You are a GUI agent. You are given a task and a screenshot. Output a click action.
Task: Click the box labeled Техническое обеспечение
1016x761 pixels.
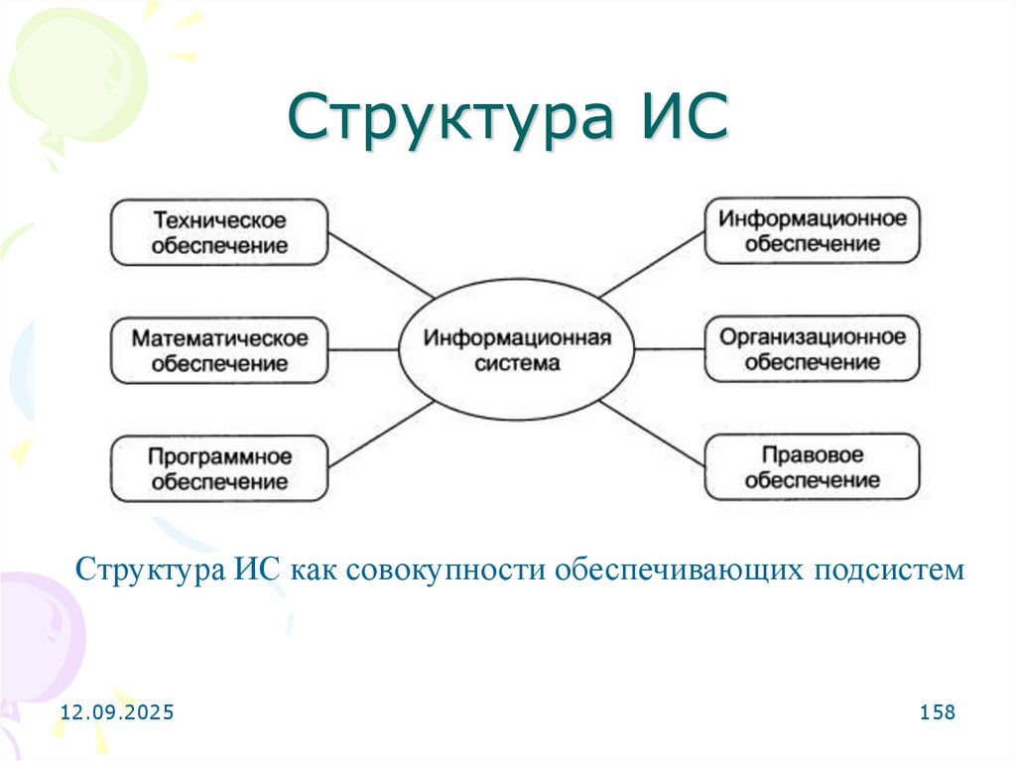point(218,231)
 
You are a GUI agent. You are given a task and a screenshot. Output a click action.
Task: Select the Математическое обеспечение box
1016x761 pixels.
point(218,350)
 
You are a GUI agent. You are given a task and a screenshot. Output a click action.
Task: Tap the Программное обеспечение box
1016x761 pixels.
point(218,469)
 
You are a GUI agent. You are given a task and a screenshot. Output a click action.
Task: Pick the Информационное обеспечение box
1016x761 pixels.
point(812,230)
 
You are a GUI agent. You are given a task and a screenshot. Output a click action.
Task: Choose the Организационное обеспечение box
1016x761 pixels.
point(812,349)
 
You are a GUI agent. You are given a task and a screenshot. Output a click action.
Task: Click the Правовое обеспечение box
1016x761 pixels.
point(812,467)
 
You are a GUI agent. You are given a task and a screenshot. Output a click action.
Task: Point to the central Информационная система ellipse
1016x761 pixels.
point(517,350)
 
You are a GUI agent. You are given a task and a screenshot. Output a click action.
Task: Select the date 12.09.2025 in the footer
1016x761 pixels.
point(117,712)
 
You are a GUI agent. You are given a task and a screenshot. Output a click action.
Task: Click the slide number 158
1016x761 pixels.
point(937,712)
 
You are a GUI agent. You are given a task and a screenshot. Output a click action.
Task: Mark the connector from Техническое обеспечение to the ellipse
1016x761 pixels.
point(381,266)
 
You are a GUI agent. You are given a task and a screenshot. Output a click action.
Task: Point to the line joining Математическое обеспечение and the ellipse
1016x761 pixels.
point(363,350)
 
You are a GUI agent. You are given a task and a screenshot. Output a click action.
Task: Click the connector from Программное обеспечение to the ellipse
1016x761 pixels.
point(381,434)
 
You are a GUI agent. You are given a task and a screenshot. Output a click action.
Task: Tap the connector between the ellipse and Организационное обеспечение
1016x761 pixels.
point(671,350)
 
